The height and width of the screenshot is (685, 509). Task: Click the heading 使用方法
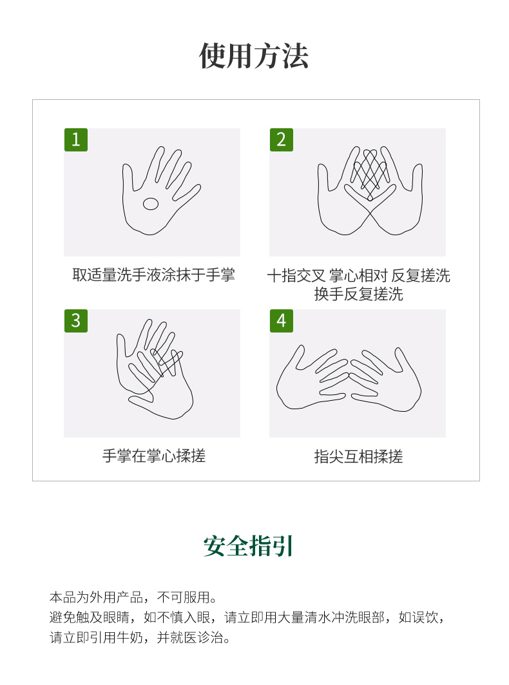[x=254, y=56]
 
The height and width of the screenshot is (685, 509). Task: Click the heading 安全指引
[x=248, y=546]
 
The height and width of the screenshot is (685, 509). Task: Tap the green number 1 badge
[x=76, y=140]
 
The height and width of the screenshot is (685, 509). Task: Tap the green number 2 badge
[x=282, y=140]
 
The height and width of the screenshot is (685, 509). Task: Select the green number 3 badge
[x=76, y=321]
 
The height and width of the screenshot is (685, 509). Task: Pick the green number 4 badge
[x=282, y=321]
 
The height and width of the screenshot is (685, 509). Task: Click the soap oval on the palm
[x=151, y=204]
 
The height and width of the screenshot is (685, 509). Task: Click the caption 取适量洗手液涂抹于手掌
[x=153, y=275]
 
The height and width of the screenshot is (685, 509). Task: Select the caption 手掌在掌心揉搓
[x=154, y=456]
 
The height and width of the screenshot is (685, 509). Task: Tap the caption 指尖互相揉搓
[x=358, y=456]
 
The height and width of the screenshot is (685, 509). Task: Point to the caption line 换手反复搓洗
[x=358, y=294]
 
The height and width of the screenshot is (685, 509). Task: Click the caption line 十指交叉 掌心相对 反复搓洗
[x=358, y=276]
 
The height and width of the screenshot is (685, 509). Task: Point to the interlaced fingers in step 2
[x=370, y=173]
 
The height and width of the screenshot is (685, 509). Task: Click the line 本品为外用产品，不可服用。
[x=133, y=597]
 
